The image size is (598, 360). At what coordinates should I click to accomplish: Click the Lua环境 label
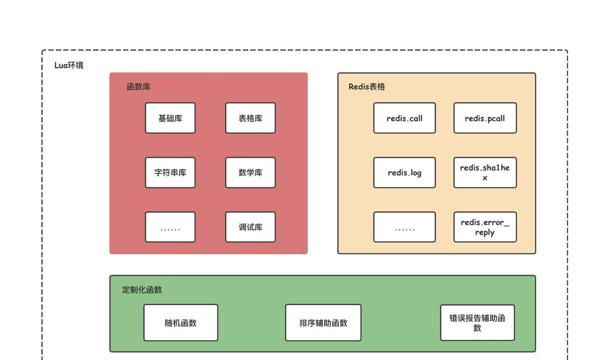click(69, 65)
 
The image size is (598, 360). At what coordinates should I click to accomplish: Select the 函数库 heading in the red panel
click(138, 87)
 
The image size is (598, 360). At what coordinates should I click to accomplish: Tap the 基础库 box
click(170, 118)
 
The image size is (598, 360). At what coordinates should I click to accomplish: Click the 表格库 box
click(250, 118)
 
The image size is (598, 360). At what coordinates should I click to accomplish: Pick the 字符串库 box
click(170, 173)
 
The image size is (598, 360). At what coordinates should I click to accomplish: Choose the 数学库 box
click(250, 173)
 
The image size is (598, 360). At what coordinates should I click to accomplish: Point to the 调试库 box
click(250, 227)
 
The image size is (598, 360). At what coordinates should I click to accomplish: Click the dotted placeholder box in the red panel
click(170, 227)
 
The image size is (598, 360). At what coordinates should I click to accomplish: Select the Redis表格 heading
click(367, 87)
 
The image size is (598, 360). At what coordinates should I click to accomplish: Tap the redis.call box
click(404, 118)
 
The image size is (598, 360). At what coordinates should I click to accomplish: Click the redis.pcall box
click(485, 118)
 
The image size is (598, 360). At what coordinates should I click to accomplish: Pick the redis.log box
click(404, 173)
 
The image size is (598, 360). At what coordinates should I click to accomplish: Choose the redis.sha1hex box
click(485, 173)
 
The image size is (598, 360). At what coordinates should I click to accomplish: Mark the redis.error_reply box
click(485, 227)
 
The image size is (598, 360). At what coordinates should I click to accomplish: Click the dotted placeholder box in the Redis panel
click(404, 227)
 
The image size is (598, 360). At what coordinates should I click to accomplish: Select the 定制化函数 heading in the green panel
click(142, 290)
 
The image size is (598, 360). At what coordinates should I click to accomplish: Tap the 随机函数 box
click(180, 323)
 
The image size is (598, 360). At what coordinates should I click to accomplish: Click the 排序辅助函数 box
click(323, 323)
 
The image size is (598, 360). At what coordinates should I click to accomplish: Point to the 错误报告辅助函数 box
click(477, 323)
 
